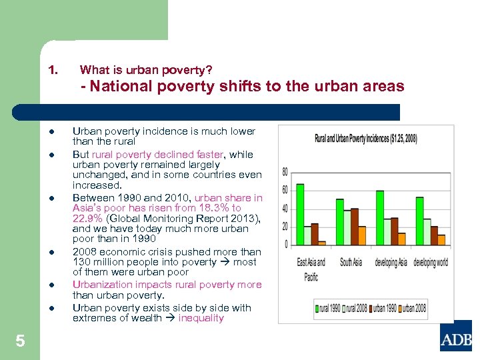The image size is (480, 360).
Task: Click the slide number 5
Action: point(20,341)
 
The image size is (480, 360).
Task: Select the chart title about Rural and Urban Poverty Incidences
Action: point(367,138)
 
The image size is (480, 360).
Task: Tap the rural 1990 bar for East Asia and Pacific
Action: point(299,214)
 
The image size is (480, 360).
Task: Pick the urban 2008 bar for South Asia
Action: point(362,235)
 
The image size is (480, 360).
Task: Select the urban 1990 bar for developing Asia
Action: point(394,231)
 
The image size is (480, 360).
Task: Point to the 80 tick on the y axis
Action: point(285,171)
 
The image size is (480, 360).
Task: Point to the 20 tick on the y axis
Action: point(285,227)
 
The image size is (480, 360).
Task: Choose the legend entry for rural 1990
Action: point(327,308)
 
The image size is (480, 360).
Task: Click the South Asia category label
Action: point(351,262)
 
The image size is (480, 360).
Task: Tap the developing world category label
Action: point(430,262)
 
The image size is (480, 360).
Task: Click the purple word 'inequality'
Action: point(201,318)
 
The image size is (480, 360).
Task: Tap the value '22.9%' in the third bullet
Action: point(87,218)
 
